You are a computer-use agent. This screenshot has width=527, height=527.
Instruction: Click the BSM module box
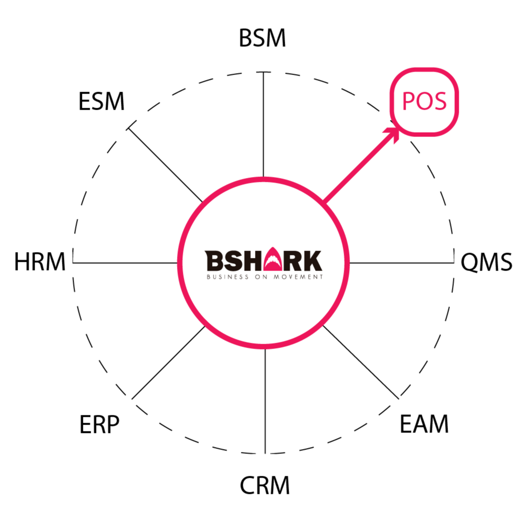[263, 39]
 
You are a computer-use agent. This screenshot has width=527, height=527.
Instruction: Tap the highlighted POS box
[424, 101]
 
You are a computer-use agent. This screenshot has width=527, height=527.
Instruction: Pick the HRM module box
[40, 262]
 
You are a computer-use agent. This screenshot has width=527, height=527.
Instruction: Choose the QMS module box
[487, 262]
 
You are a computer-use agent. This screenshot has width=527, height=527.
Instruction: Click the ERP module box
[101, 425]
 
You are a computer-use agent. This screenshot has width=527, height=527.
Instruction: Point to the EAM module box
[425, 425]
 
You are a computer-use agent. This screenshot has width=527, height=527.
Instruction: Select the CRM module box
[264, 486]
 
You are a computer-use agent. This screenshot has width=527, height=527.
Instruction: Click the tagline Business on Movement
[264, 277]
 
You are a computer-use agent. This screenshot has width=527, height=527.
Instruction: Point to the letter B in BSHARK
[214, 261]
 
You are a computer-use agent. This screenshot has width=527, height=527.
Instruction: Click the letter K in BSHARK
[312, 261]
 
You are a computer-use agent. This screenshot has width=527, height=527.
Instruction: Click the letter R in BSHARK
[293, 261]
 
